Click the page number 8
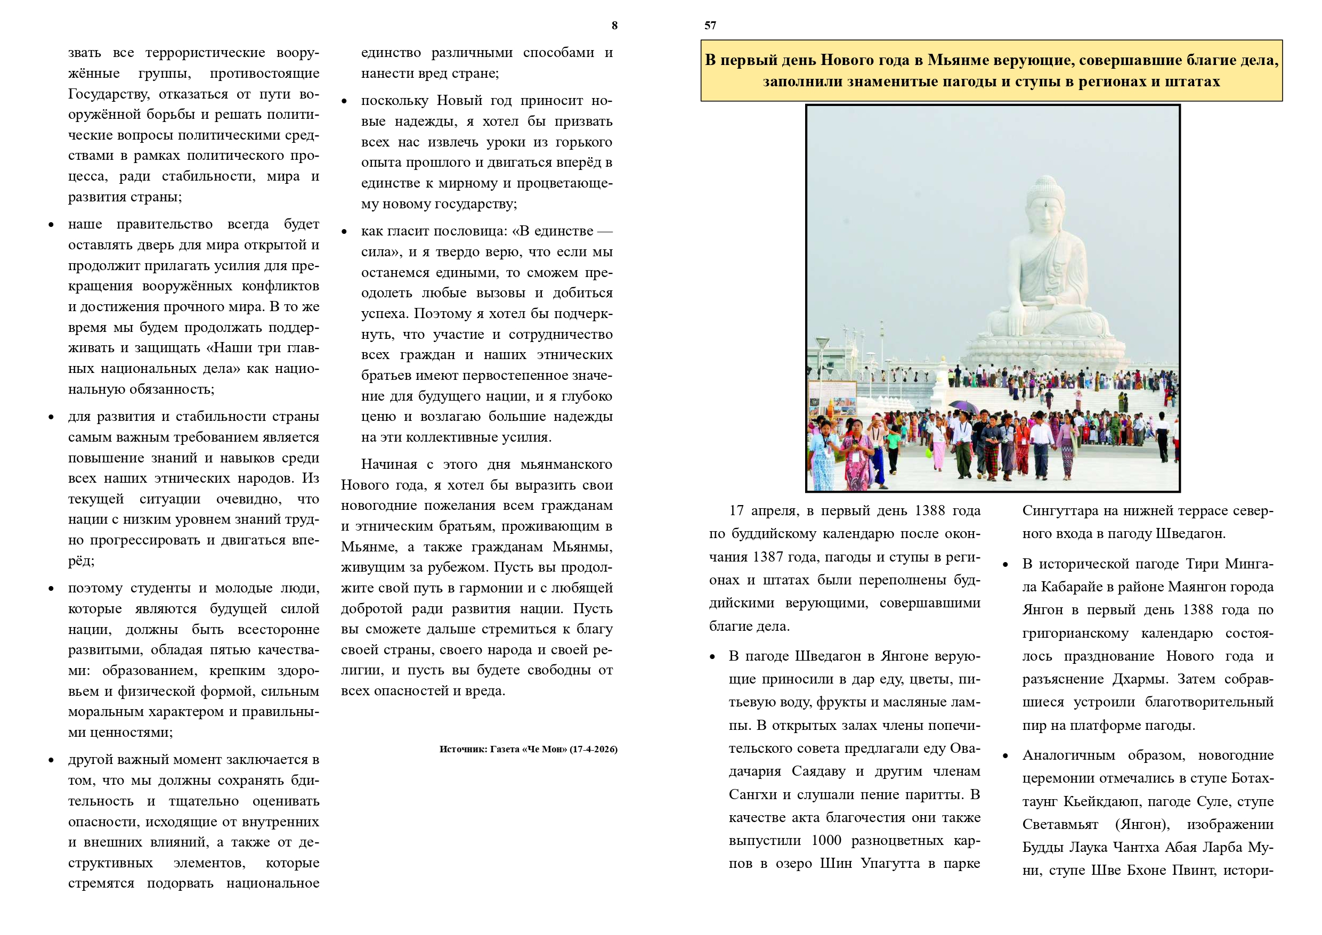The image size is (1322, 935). [614, 26]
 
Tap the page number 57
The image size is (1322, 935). [710, 26]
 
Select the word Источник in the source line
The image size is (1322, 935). [463, 749]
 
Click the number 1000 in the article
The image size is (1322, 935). [826, 841]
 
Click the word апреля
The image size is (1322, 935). [774, 511]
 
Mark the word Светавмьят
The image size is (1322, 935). [1060, 825]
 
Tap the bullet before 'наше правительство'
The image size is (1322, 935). [51, 224]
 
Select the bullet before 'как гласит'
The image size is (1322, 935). [344, 231]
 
